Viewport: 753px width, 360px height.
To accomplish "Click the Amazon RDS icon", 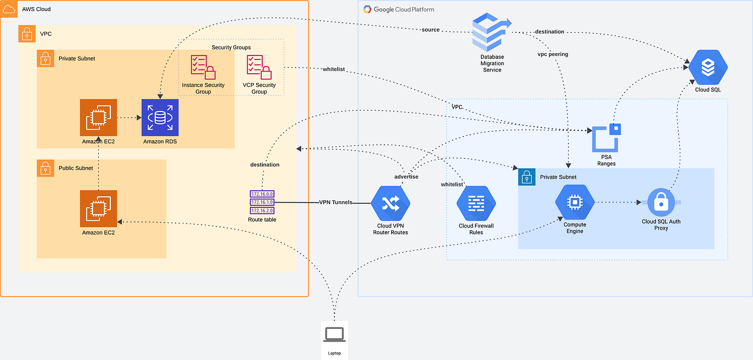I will tap(160, 118).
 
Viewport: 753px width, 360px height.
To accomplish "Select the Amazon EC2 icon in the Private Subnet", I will tap(98, 118).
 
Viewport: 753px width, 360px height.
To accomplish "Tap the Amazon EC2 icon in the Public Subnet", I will tap(98, 209).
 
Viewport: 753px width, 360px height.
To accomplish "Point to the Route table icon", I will tap(262, 202).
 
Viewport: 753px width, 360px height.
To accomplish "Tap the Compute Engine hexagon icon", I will tap(574, 202).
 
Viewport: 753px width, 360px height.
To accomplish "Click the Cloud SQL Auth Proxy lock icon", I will tap(660, 203).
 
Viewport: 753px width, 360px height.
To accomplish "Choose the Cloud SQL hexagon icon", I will tap(708, 68).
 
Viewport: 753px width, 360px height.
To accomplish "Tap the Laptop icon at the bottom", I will tap(334, 334).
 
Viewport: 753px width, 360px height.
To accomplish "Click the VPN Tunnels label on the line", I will tap(335, 202).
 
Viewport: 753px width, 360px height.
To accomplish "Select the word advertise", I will tap(406, 176).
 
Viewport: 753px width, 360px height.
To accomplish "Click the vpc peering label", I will tap(553, 54).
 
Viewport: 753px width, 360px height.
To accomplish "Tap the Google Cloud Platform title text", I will tap(404, 9).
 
